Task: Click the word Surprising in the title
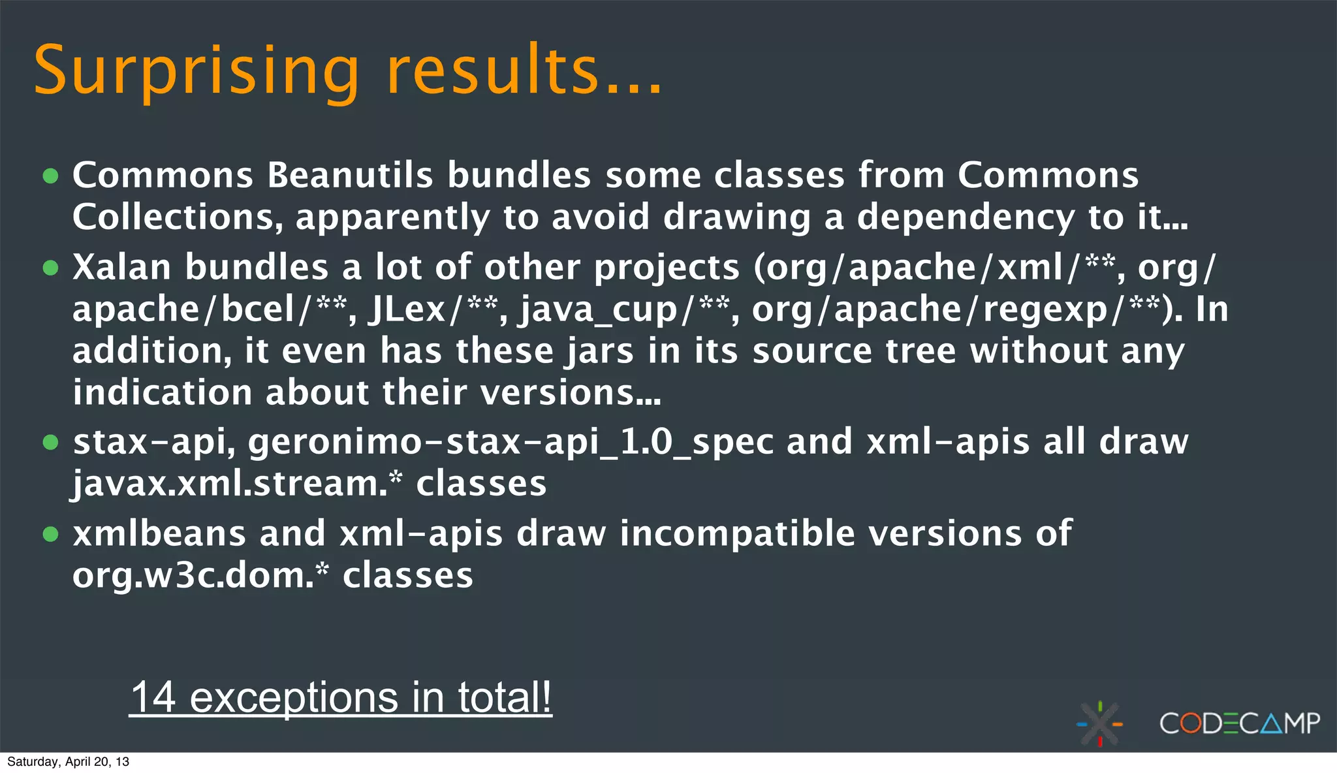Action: pos(196,71)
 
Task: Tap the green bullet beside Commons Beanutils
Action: pos(50,176)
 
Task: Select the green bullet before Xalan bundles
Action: pos(50,267)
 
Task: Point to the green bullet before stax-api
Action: pos(50,442)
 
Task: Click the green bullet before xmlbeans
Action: pos(50,534)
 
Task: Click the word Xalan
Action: pos(122,267)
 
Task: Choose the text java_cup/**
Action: pos(623,309)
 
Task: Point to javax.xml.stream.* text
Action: pos(237,484)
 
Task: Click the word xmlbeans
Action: pos(159,533)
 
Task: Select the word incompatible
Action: pos(737,533)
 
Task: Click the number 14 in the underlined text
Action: pos(153,697)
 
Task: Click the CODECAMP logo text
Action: pos(1239,723)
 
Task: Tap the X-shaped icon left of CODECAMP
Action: pos(1100,723)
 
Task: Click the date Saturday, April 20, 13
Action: pos(68,762)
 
